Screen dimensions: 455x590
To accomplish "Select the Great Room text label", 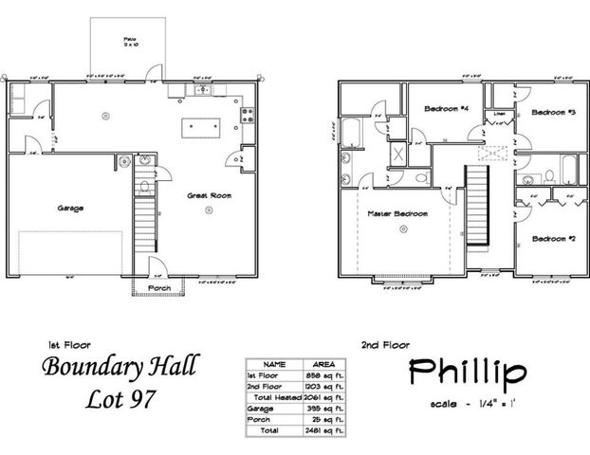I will click(x=206, y=197).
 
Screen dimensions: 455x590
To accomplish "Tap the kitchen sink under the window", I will click(x=204, y=90).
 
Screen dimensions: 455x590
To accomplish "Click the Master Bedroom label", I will click(x=397, y=214).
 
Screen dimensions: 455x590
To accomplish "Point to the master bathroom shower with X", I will click(x=399, y=155).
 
